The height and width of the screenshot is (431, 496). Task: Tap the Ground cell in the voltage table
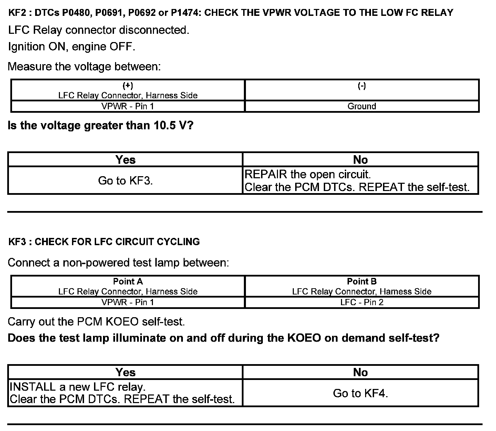362,106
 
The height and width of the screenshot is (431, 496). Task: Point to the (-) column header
362,86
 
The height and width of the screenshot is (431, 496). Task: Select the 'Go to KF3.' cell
125,181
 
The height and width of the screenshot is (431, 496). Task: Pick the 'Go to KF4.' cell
360,393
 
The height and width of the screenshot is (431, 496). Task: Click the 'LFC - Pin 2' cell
362,302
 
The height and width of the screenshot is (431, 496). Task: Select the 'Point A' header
128,281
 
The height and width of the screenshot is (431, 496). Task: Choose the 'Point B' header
362,281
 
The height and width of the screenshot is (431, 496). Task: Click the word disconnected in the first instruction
154,30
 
